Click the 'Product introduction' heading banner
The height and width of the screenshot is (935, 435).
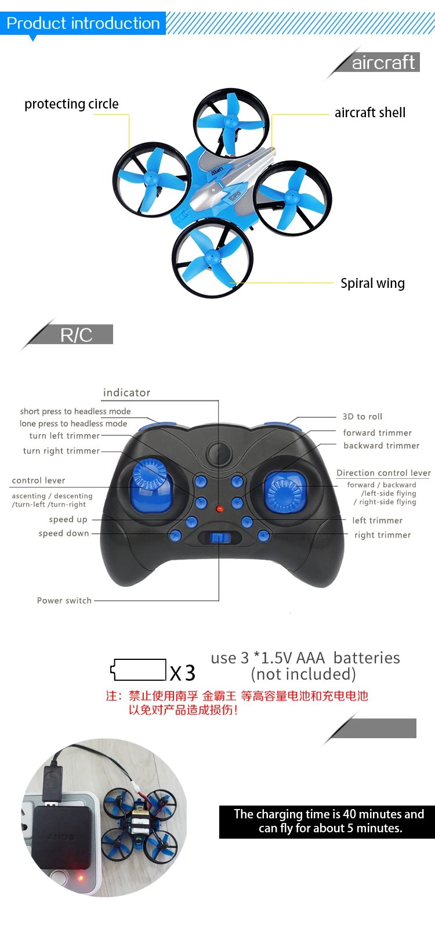83,23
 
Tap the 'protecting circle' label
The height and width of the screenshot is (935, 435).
71,104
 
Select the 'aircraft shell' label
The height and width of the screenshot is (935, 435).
370,113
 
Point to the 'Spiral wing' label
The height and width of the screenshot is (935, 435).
372,283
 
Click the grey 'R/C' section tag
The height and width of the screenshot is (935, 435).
77,335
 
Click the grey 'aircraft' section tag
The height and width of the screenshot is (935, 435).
383,62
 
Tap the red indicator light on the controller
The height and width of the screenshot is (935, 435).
219,509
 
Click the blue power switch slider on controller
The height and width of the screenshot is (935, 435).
219,537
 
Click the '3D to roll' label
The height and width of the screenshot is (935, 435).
362,417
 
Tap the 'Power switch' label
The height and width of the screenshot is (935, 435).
64,601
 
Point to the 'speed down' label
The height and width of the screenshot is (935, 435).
64,533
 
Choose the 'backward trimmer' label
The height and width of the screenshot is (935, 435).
381,446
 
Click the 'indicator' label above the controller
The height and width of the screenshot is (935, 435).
126,393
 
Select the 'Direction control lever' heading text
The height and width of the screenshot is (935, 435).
383,473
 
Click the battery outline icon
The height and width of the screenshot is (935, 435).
139,670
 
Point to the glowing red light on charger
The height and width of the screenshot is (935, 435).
81,878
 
